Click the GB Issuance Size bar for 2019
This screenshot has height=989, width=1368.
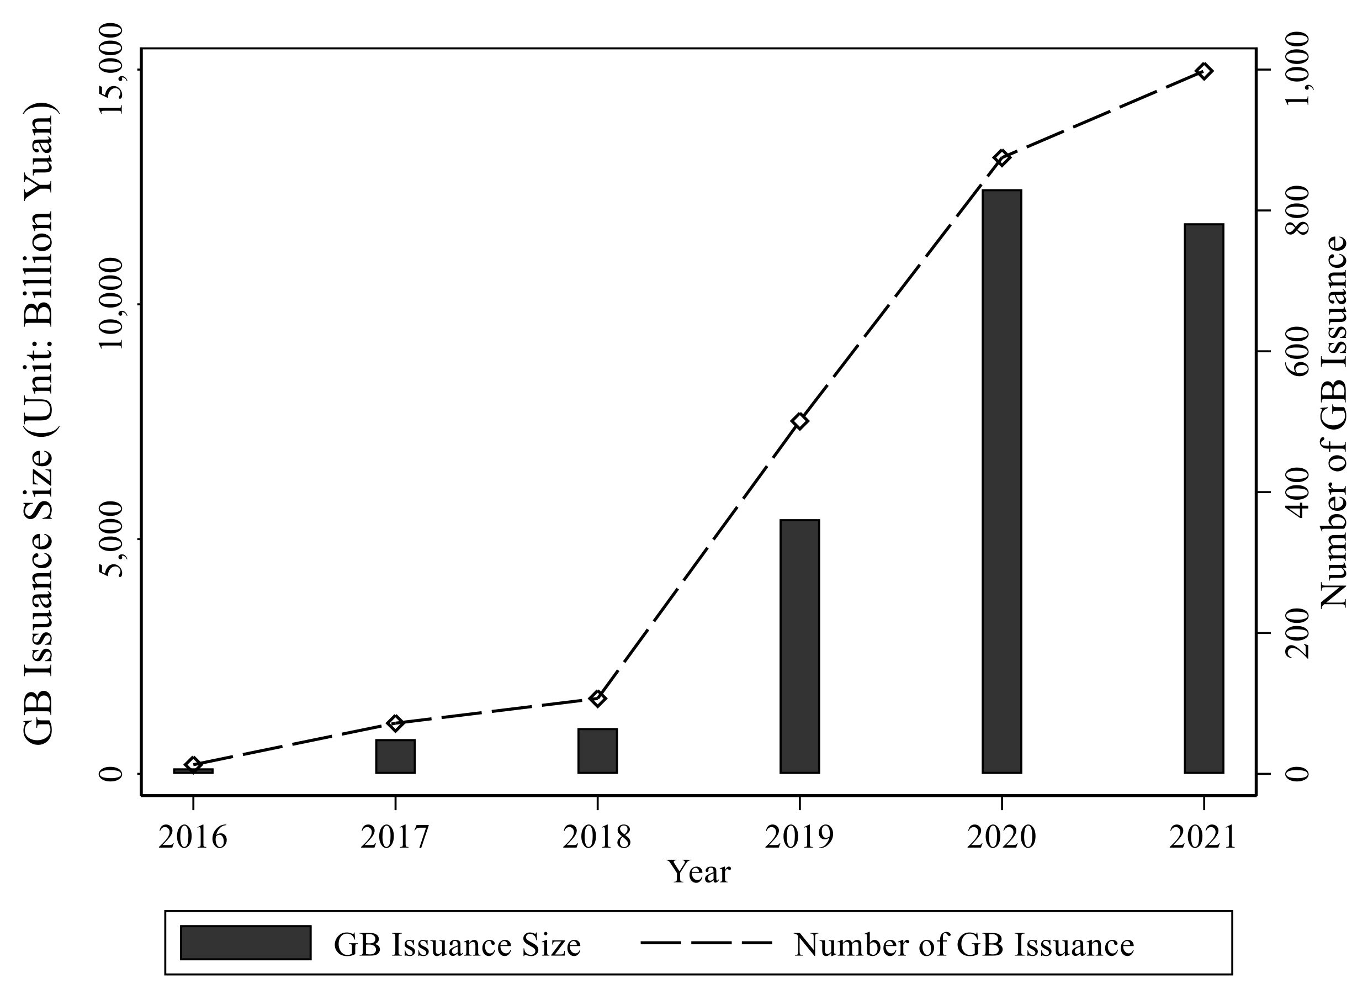coord(799,646)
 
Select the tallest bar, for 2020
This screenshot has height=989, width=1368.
coord(1001,481)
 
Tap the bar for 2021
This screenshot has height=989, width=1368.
coord(1203,498)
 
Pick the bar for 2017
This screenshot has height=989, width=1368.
coord(395,755)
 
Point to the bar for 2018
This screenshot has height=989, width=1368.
coord(597,750)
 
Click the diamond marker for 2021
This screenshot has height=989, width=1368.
coord(1204,71)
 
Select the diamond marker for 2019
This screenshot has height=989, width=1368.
coord(800,421)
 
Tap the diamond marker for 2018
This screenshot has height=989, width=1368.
coord(598,699)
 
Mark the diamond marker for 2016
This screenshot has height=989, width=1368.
coord(193,765)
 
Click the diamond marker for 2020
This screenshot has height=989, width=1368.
coord(1002,158)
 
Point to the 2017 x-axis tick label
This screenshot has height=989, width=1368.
coord(395,838)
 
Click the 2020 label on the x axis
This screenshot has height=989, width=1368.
coord(1001,838)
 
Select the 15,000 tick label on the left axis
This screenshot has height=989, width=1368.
coord(111,70)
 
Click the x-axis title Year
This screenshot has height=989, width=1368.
coord(698,872)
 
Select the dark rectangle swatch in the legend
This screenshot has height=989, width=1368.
coord(246,943)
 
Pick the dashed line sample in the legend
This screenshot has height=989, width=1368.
coord(706,943)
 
